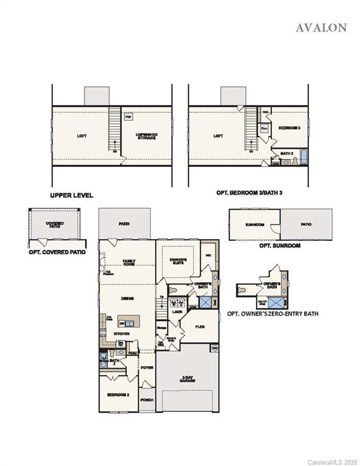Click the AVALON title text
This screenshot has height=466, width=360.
point(321,27)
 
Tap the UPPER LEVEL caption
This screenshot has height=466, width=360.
point(72,195)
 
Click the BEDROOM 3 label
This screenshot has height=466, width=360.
point(290,129)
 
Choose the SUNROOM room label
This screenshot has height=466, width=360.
point(255,225)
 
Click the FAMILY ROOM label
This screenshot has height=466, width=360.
point(129,262)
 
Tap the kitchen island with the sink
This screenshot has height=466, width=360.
point(127,323)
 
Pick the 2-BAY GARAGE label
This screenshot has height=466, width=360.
point(186,378)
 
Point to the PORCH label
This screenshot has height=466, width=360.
point(146,400)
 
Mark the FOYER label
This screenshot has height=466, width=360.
point(146,367)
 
